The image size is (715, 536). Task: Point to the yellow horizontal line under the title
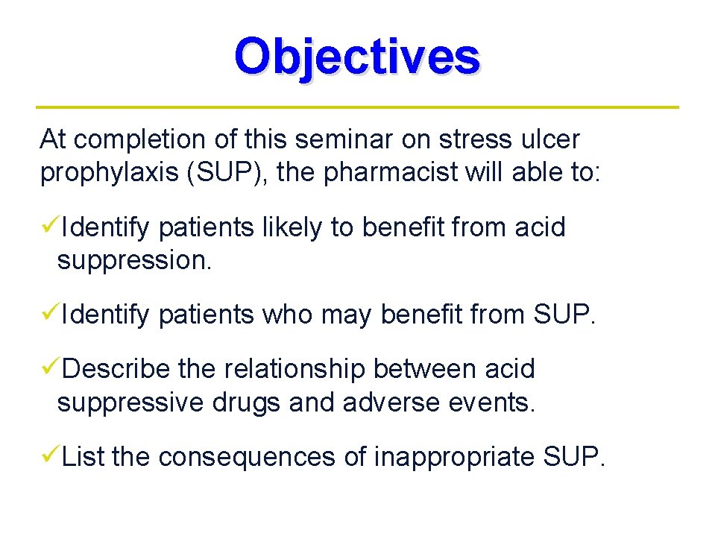click(357, 107)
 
